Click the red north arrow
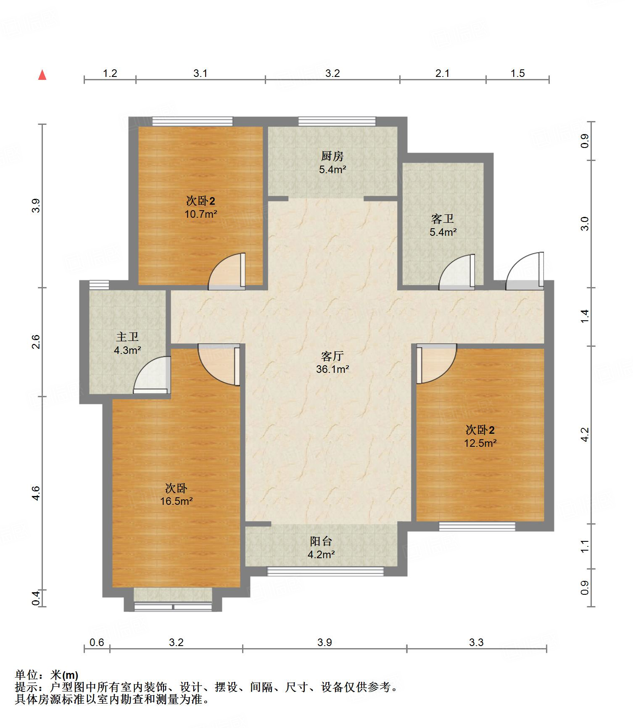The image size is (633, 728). point(42,75)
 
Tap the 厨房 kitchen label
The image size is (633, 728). point(332,156)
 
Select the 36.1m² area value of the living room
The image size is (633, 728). point(332,369)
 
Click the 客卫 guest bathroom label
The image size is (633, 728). point(443,219)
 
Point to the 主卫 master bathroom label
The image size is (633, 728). point(127,337)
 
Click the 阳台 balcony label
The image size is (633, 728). point(321,541)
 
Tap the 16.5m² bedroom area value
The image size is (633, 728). point(177,501)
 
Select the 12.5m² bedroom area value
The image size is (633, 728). point(480,443)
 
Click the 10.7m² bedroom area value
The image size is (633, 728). point(201,214)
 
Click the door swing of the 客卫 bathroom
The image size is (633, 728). point(457,272)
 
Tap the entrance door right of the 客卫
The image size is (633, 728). point(525,271)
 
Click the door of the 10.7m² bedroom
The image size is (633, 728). point(227,271)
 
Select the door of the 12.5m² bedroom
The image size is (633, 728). point(436,364)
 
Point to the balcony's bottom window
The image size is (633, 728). point(326,571)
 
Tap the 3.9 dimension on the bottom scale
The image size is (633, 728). point(324,642)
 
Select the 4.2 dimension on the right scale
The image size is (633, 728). point(585,435)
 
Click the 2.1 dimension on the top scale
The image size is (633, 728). point(442,74)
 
